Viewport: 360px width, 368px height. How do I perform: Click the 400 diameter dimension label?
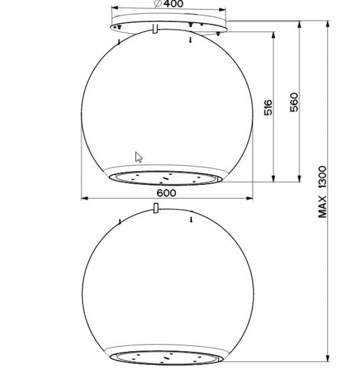click(x=173, y=4)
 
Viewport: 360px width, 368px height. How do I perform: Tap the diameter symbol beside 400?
click(x=158, y=4)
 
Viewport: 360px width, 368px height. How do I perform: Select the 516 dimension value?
click(x=268, y=108)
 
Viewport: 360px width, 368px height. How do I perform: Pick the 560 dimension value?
click(x=294, y=102)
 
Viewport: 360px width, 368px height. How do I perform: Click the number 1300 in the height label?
click(x=323, y=177)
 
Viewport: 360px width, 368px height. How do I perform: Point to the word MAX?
click(x=323, y=207)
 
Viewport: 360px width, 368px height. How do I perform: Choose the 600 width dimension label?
click(x=166, y=193)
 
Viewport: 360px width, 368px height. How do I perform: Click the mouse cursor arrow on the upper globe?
click(x=138, y=157)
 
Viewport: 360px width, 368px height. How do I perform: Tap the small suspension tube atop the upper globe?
click(x=155, y=29)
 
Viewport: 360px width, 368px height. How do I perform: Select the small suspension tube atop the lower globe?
click(x=156, y=208)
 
